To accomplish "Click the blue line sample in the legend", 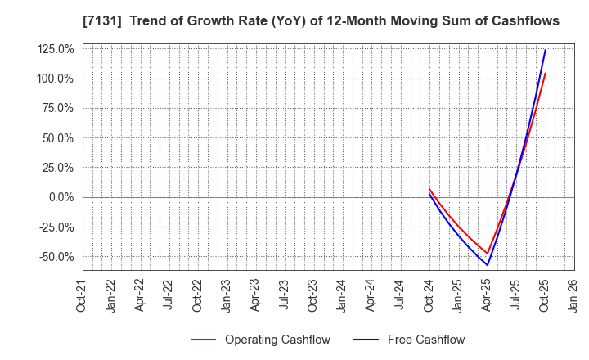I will (367, 340).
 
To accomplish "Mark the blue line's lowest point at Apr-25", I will (488, 265).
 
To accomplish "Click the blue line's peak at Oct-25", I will (545, 50).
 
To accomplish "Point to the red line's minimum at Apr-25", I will (488, 254).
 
